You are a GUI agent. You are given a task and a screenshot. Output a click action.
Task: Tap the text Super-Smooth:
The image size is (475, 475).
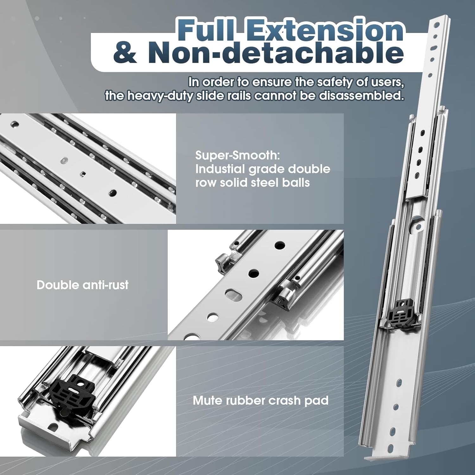(x=237, y=155)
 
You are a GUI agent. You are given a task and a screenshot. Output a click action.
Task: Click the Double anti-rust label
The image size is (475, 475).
(x=82, y=285)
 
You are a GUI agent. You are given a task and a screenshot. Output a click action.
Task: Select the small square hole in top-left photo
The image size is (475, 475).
(x=83, y=173)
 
